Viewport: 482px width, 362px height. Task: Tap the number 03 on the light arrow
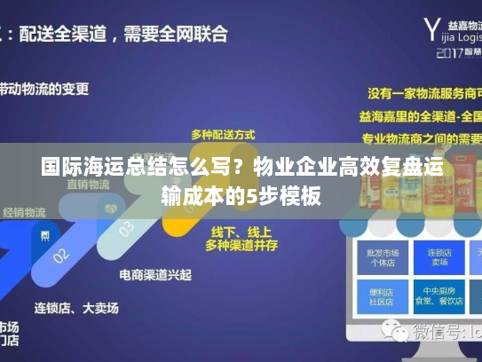point(127,230)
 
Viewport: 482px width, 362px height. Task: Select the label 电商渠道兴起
point(155,275)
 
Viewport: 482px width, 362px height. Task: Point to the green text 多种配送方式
point(222,134)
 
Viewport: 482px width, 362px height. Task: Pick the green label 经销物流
point(24,212)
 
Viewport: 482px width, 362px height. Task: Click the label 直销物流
point(87,185)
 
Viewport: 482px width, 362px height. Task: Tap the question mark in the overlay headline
point(241,167)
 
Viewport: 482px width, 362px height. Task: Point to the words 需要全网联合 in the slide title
point(177,35)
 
